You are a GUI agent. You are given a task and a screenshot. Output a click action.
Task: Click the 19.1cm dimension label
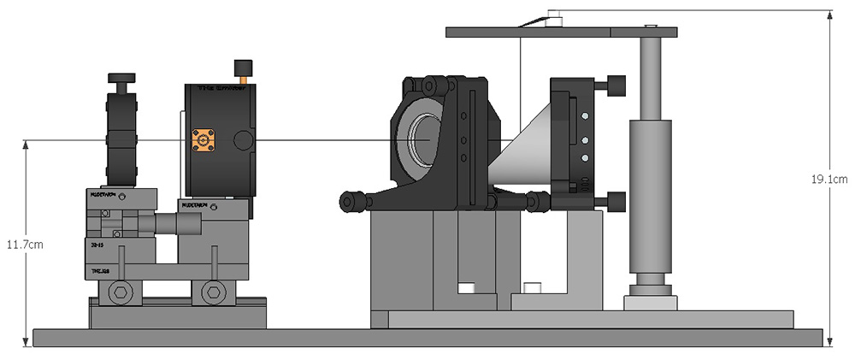pos(828,179)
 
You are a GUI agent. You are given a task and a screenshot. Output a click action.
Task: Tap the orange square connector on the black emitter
pos(205,139)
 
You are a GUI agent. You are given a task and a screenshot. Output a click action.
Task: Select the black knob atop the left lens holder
pos(121,80)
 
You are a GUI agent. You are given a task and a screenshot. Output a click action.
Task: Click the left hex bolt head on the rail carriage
pos(121,292)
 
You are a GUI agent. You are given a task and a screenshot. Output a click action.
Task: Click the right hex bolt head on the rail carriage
pos(213,292)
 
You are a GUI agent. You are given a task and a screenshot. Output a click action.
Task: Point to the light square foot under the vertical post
pos(651,303)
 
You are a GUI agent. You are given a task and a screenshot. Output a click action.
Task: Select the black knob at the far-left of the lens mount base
pos(349,202)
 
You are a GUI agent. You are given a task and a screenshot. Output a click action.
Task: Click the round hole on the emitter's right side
pos(243,139)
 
